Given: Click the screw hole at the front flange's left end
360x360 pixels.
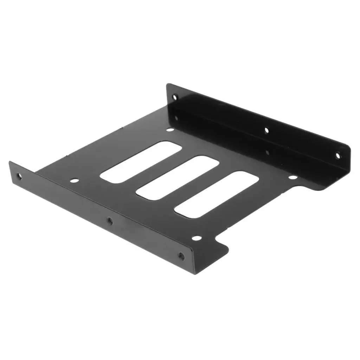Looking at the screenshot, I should pyautogui.click(x=19, y=176).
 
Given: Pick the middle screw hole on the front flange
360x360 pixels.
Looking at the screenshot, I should pyautogui.click(x=110, y=221).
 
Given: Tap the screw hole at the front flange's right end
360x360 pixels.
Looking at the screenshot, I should pyautogui.click(x=181, y=256).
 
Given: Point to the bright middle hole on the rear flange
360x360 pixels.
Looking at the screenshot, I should pyautogui.click(x=266, y=130).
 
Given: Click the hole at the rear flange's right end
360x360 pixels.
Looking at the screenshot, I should pyautogui.click(x=337, y=155).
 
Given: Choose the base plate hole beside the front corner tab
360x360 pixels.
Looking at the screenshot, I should pyautogui.click(x=197, y=238).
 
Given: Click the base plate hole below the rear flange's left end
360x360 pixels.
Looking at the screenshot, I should pyautogui.click(x=170, y=130).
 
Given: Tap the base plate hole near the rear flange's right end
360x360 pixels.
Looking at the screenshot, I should pyautogui.click(x=292, y=177).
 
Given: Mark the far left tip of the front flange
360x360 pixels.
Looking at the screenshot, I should pyautogui.click(x=10, y=163).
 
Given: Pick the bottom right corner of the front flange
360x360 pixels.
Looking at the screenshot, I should pyautogui.click(x=195, y=274).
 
